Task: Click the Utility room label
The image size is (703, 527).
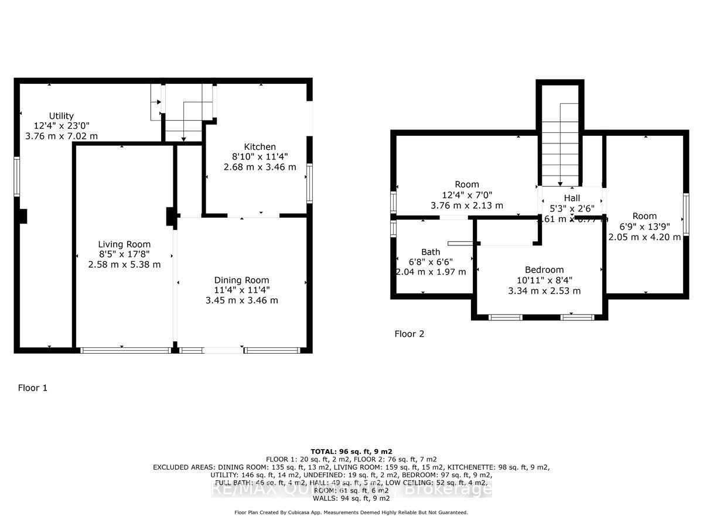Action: click(62, 116)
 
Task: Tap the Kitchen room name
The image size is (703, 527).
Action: click(260, 146)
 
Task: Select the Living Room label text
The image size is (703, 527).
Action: click(124, 244)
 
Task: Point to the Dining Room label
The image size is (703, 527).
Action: click(241, 280)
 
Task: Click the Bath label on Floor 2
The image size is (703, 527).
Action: click(431, 252)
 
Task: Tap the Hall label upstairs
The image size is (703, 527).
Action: click(572, 199)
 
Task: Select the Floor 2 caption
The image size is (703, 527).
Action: click(409, 334)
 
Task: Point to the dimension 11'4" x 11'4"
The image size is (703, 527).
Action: click(241, 290)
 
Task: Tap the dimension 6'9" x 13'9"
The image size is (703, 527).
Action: click(644, 227)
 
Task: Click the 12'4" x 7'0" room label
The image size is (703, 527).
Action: click(467, 195)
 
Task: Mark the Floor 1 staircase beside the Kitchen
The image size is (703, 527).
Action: click(183, 111)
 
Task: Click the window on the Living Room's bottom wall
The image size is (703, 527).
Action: click(125, 350)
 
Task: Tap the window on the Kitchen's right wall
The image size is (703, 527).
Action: click(309, 183)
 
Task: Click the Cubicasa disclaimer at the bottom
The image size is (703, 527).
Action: click(351, 512)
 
